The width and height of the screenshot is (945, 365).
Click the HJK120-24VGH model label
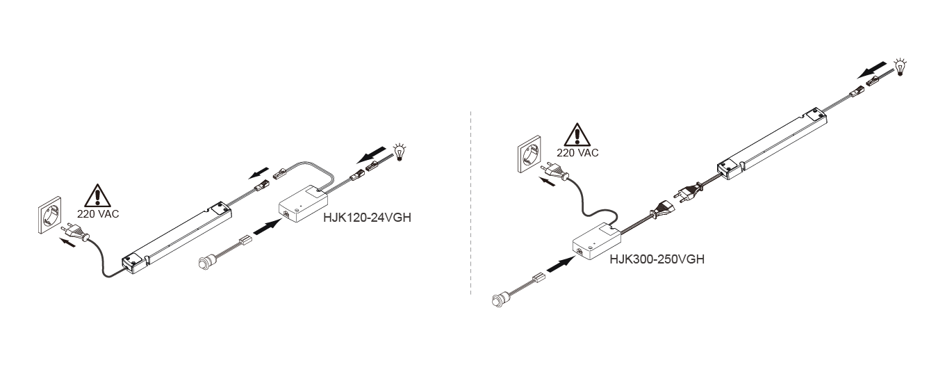click(367, 218)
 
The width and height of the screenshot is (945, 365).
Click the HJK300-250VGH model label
click(657, 259)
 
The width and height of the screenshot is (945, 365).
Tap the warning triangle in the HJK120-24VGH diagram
click(97, 196)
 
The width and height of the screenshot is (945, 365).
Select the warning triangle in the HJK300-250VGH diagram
click(577, 135)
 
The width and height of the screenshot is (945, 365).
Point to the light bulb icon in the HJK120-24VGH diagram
click(399, 152)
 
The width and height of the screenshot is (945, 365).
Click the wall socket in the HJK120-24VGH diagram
click(50, 215)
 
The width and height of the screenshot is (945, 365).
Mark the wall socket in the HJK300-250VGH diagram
click(529, 154)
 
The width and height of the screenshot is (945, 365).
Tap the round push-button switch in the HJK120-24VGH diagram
click(206, 263)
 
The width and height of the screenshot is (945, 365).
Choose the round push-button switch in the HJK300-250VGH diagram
click(500, 300)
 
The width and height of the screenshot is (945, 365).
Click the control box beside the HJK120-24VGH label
click(303, 204)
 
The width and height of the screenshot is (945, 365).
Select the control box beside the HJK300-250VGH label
click(596, 241)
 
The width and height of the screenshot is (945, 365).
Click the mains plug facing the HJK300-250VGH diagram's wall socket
click(554, 171)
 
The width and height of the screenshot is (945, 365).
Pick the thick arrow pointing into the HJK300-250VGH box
click(560, 264)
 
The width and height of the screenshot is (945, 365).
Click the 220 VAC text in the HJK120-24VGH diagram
click(98, 214)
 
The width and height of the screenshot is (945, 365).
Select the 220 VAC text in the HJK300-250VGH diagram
click(577, 153)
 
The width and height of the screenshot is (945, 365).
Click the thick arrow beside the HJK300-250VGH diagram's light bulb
click(871, 70)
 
